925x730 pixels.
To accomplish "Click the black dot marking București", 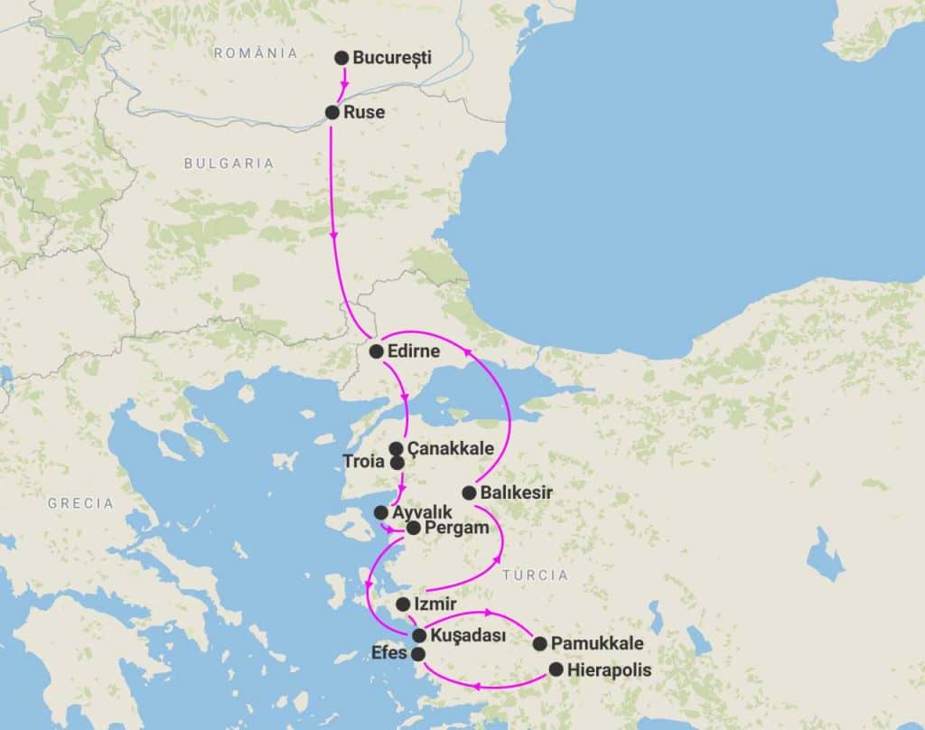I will click(x=341, y=58).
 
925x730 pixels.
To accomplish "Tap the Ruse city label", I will click(x=365, y=113).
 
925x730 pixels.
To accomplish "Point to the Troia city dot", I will click(x=397, y=463).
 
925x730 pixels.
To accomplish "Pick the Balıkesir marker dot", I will click(x=469, y=492).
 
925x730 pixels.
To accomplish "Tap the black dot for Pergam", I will click(x=413, y=528).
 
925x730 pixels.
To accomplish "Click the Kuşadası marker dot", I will click(x=419, y=635).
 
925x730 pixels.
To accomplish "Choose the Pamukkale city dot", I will click(x=540, y=644).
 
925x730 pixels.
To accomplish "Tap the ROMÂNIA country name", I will click(x=256, y=53).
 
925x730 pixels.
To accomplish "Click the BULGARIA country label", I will click(x=228, y=164).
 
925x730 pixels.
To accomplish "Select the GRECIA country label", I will click(x=81, y=503).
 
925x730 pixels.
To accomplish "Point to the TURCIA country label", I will click(x=536, y=575).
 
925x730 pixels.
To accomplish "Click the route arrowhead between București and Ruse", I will click(x=343, y=86).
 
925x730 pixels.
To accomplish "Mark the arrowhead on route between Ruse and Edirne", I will click(x=335, y=237).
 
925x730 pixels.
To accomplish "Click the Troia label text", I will click(x=364, y=462).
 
